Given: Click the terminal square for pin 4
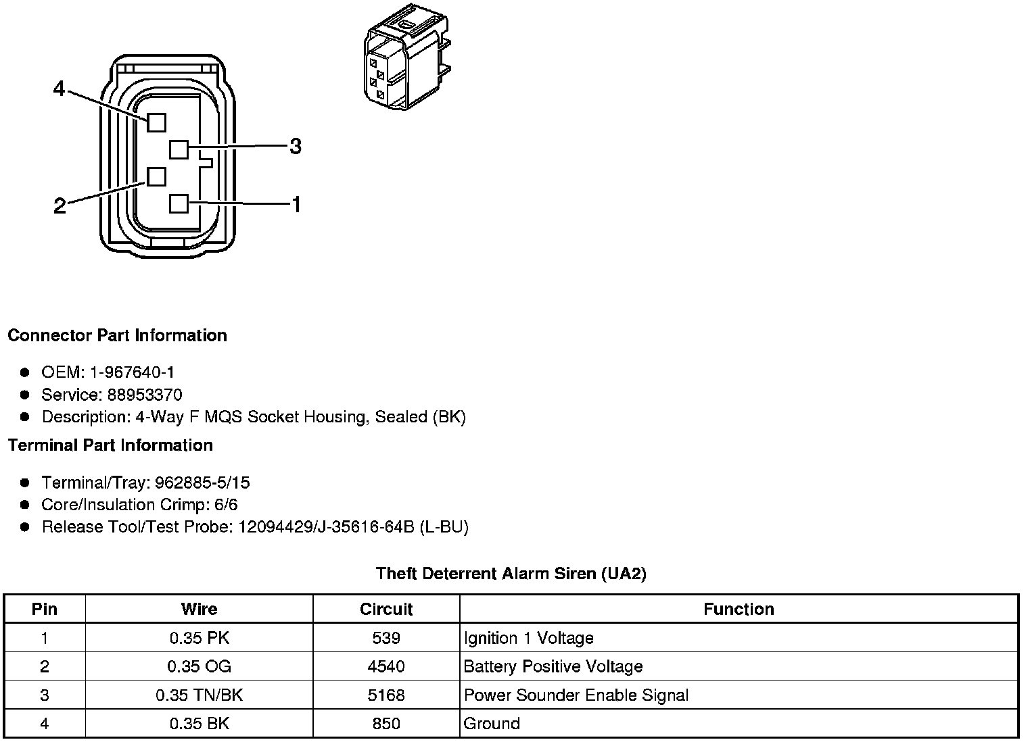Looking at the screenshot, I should [x=156, y=122].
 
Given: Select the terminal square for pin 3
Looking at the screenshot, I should [x=179, y=149].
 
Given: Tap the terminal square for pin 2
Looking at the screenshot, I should [x=156, y=176].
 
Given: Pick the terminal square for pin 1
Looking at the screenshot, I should [x=179, y=203].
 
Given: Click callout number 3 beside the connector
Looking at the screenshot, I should [x=296, y=146].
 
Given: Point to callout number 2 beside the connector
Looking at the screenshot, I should [x=60, y=206].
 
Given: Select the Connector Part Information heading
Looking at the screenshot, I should [x=117, y=335].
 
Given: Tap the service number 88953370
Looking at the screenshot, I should [x=144, y=395].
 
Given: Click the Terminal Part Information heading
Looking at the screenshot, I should [x=110, y=445].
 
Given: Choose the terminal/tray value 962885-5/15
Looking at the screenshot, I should [x=202, y=483].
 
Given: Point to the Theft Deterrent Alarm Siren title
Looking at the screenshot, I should [x=511, y=574].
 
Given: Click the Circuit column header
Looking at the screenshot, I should [x=386, y=609].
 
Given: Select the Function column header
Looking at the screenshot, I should [x=739, y=609].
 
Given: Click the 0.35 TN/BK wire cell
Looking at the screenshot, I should [x=199, y=695].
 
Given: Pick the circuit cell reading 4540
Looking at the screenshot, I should [x=386, y=667].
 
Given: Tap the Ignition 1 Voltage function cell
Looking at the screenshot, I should [x=528, y=638].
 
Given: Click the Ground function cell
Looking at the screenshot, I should [x=492, y=724].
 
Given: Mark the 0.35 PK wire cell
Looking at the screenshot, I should [x=199, y=638].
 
